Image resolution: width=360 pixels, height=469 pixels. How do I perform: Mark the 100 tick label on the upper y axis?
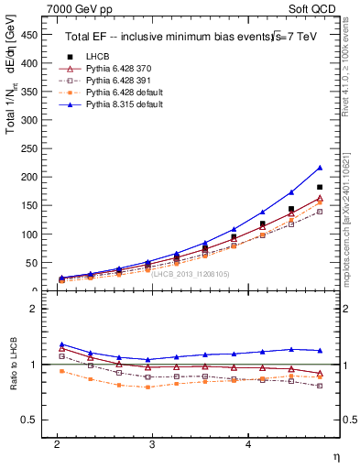click(30, 234)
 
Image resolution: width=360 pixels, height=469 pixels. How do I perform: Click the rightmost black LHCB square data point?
click(320, 187)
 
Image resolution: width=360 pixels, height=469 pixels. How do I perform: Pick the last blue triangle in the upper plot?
click(320, 168)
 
